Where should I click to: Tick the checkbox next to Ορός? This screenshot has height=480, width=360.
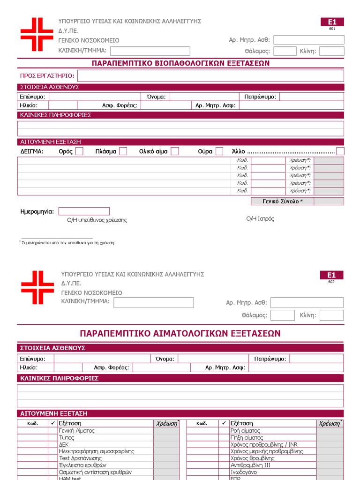pos(79,151)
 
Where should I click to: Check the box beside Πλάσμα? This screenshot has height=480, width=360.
pos(123,151)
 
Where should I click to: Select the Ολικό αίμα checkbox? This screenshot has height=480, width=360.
pos(175,151)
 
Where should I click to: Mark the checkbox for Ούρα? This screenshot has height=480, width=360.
pos(219,151)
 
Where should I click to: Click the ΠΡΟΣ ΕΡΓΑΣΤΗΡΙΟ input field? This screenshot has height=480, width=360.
pos(210,76)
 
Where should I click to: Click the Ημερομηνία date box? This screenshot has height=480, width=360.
pos(84,211)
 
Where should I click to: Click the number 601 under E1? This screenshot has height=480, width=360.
pos(332,29)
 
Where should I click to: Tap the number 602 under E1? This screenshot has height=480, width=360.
pos(331,282)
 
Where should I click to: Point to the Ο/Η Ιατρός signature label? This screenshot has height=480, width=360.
pos(260,219)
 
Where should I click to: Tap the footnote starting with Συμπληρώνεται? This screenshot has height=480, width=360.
pos(67,243)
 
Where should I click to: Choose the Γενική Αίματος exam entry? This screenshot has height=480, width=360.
pos(77,430)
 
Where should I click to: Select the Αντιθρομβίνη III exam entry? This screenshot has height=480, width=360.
pos(250,465)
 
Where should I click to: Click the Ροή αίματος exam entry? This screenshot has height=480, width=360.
pos(245,430)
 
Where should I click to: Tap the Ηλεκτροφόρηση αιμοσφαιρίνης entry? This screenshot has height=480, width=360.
pos(97,451)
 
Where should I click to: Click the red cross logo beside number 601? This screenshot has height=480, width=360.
pos(37,34)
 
